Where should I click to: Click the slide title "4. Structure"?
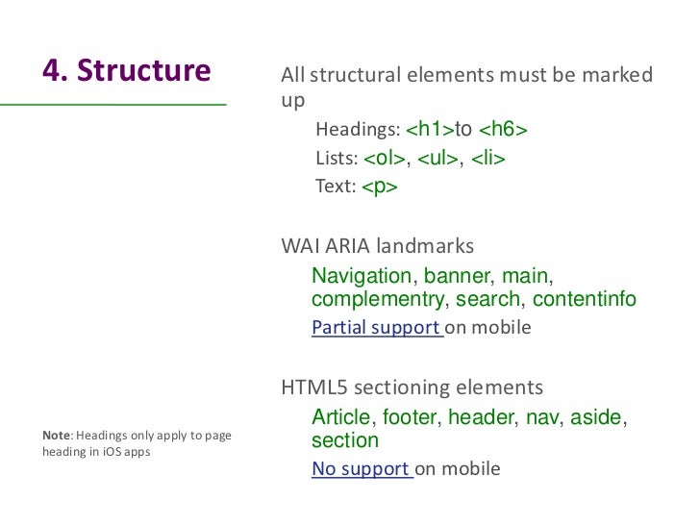126,71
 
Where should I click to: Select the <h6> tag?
503,130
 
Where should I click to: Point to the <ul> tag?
438,159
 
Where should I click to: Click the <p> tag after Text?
380,187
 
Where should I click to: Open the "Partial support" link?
375,327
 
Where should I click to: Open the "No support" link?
361,469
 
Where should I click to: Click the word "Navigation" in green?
362,277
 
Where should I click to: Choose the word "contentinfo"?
584,300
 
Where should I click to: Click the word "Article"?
340,418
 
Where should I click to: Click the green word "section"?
345,441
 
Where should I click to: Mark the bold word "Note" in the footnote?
58,436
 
